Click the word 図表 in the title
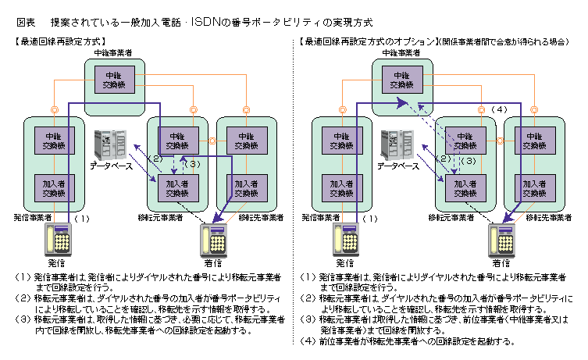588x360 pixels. click(x=26, y=21)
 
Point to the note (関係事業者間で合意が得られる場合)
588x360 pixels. click(x=501, y=41)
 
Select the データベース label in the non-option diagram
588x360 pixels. click(x=112, y=166)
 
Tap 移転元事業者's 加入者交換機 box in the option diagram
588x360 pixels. click(x=466, y=187)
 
